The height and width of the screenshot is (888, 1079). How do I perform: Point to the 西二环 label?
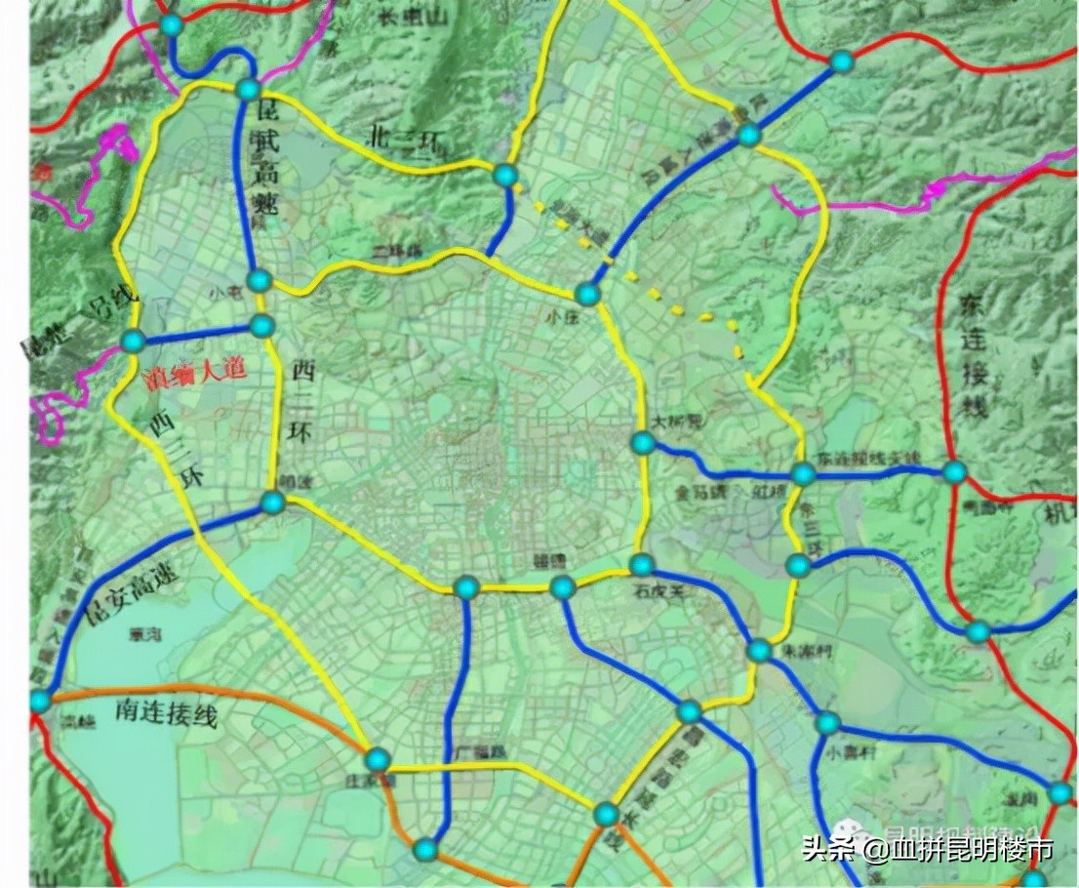coord(302,401)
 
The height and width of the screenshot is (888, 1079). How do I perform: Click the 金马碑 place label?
coord(696,493)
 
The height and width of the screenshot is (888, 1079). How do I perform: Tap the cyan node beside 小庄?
coord(587,294)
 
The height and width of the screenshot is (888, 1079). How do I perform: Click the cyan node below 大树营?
coord(642,443)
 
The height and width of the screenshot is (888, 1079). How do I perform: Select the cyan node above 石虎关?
coord(641,565)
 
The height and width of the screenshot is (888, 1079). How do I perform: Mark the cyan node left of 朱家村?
coord(759,650)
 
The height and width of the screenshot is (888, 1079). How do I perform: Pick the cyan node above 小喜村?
coord(827,723)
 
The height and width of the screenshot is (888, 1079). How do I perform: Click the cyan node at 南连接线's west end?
coord(40,700)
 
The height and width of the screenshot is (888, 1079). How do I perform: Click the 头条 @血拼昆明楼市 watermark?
coord(927,850)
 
